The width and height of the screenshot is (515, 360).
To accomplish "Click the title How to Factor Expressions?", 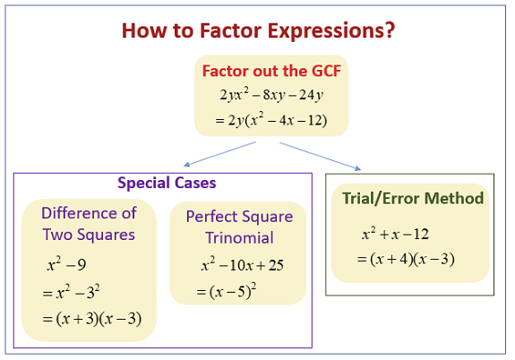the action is [x=258, y=30].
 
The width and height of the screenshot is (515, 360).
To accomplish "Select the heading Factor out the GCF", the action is [x=271, y=71].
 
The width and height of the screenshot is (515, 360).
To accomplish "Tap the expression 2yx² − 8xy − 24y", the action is [x=271, y=95].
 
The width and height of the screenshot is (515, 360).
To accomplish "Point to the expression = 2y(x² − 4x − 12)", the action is [x=271, y=120].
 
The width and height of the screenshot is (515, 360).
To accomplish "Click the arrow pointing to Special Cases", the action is [x=219, y=154].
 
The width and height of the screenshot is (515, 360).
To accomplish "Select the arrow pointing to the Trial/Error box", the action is [x=321, y=156].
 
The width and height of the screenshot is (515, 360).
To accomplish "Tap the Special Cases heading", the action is [x=167, y=183].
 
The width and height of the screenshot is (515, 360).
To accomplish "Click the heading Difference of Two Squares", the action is [x=89, y=224].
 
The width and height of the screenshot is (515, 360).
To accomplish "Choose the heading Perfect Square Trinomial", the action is [x=239, y=227].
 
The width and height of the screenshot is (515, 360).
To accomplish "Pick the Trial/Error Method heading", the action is [x=413, y=199].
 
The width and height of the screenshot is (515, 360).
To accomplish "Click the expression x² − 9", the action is [x=66, y=264].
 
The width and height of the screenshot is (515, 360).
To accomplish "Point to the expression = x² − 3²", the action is [x=71, y=291].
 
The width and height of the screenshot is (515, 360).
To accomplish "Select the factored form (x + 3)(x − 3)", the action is [x=99, y=319].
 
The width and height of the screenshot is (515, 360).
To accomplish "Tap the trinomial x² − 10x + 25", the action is [x=243, y=265].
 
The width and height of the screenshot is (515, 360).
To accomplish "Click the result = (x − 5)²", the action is [x=227, y=291].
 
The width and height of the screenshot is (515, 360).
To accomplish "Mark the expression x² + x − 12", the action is [x=396, y=234].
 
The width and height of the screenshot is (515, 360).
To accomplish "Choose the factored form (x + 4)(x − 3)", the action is [x=412, y=259].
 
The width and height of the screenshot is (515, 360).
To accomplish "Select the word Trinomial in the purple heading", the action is [x=239, y=238].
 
